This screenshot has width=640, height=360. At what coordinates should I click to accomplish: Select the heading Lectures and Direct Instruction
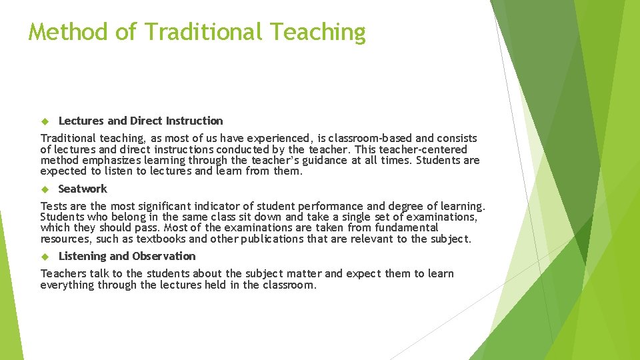pos(141,121)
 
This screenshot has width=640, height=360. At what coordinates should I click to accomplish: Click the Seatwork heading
pos(83,189)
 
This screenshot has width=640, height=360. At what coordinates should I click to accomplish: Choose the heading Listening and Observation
pos(127,256)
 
